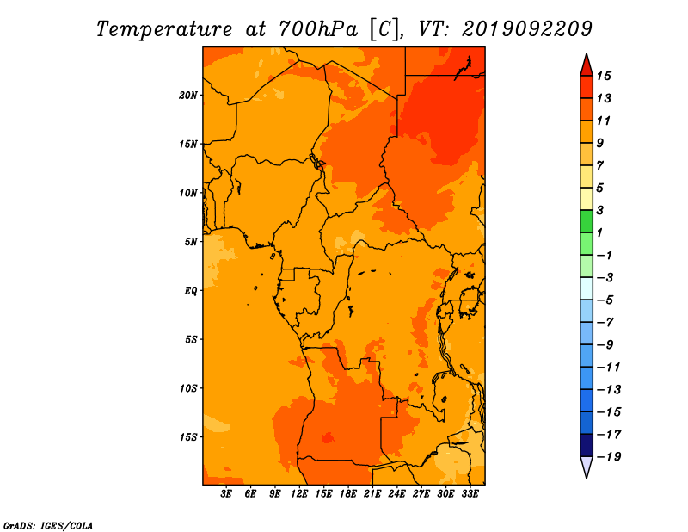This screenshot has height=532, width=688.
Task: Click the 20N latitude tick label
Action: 188,96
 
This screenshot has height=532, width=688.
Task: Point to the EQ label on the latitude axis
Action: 191,291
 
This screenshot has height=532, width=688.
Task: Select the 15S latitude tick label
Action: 188,437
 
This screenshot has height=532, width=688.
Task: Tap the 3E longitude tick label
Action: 226,494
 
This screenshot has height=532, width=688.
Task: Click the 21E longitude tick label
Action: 372,494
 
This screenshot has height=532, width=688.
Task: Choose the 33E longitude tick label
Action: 470,494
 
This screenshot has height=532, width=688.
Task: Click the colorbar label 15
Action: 604,76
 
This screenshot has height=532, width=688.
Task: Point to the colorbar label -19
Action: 609,457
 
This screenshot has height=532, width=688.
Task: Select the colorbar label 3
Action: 600,210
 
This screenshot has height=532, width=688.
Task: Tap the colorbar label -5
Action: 605,300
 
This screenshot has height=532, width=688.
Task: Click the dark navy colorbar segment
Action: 587,445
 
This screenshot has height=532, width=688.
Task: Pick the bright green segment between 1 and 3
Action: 587,221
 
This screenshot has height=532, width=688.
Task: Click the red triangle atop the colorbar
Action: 587,65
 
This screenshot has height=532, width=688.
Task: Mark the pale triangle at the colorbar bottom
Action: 587,467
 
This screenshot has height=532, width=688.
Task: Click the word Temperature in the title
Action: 164,29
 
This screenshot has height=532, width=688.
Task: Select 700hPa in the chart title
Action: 318,29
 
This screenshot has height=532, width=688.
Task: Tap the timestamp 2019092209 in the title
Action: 527,29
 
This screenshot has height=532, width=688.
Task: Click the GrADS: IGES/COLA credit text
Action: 48,526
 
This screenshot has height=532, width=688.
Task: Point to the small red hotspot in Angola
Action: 328,438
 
